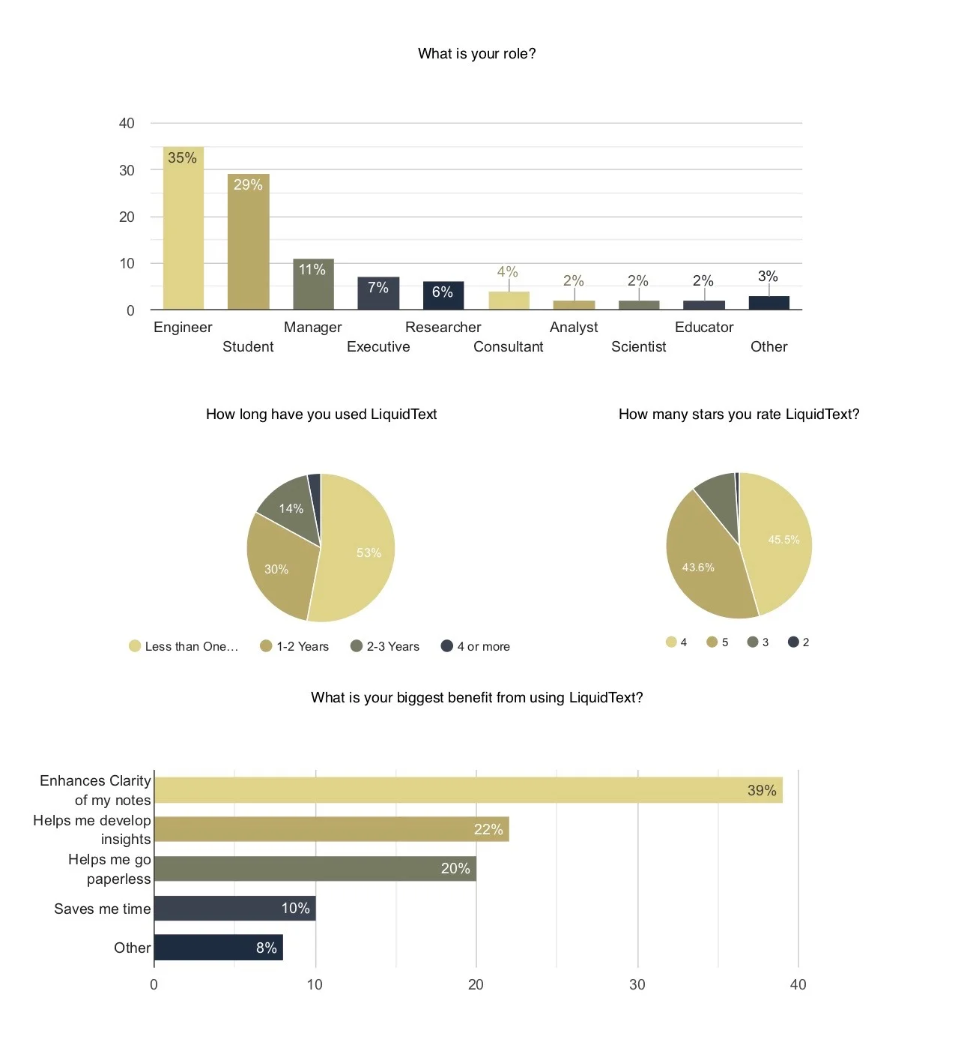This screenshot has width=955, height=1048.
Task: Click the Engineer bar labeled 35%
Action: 184,229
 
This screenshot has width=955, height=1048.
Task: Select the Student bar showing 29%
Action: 248,242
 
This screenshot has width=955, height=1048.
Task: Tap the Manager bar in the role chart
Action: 313,285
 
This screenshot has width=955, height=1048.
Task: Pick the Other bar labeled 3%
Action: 768,303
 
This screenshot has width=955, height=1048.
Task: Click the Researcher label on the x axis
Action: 443,327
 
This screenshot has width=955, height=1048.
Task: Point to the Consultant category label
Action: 508,346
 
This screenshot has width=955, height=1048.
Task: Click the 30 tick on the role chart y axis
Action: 127,170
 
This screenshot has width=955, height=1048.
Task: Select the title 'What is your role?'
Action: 476,53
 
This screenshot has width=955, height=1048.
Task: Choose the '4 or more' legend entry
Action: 476,646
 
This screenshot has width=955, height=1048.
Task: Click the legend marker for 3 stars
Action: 753,642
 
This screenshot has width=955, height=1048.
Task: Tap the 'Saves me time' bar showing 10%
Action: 234,908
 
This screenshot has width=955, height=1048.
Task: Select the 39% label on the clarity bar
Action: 761,790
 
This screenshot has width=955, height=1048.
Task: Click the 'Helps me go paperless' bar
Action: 315,869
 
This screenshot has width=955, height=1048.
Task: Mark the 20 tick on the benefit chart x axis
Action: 476,984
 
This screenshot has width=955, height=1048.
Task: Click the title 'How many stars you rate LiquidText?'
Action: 739,414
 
